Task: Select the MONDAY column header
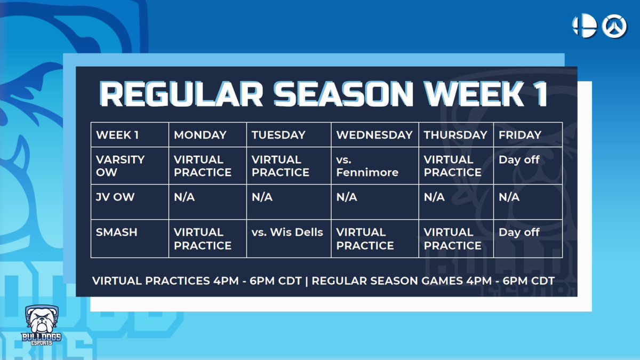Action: click(200, 135)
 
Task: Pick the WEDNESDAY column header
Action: click(374, 135)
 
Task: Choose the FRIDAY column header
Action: click(520, 135)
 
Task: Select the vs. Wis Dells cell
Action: click(287, 233)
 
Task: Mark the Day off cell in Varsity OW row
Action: click(519, 160)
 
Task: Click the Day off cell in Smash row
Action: click(519, 233)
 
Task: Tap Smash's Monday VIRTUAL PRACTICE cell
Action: click(203, 239)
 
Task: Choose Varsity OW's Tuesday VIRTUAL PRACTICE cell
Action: click(281, 166)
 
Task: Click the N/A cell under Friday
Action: click(509, 197)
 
